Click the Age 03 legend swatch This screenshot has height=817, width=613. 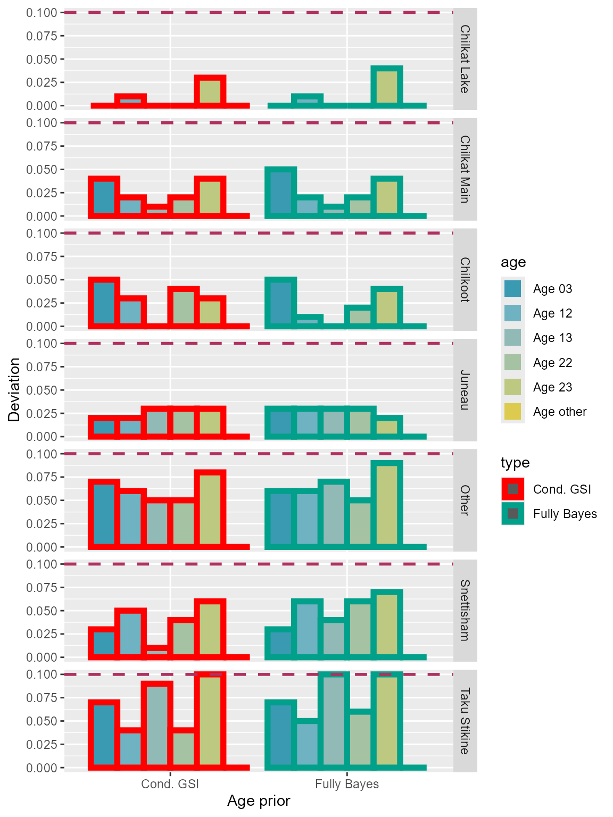point(512,289)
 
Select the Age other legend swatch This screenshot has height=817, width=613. point(512,412)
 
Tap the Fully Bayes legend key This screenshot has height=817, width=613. point(512,514)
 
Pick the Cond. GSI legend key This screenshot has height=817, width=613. point(512,489)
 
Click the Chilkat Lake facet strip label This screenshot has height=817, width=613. point(465,59)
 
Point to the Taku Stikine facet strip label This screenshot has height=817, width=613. point(465,721)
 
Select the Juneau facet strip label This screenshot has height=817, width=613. point(465,390)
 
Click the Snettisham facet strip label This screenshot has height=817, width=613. point(465,610)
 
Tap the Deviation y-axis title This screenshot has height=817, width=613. point(14,390)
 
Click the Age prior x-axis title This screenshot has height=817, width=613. point(259,801)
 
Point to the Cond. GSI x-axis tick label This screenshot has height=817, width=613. point(170,784)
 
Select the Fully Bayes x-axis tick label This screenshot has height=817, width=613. point(347,784)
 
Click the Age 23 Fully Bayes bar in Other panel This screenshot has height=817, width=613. point(387,505)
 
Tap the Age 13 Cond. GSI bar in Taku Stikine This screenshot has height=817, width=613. point(157,726)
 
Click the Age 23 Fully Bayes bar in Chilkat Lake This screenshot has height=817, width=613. point(387,87)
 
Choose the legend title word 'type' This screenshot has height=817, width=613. point(515,463)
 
